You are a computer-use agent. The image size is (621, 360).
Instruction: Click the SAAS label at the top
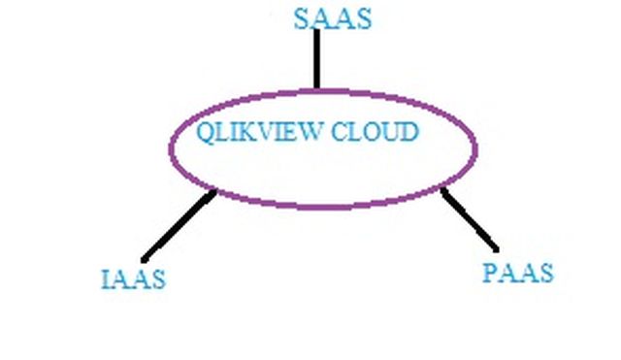pos(333,19)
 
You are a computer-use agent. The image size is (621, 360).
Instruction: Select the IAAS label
pos(133,279)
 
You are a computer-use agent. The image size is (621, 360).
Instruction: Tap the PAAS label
pos(517,273)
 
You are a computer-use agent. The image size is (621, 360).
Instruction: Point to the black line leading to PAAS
pos(470,220)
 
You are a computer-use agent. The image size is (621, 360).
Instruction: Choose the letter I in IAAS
pos(106,279)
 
